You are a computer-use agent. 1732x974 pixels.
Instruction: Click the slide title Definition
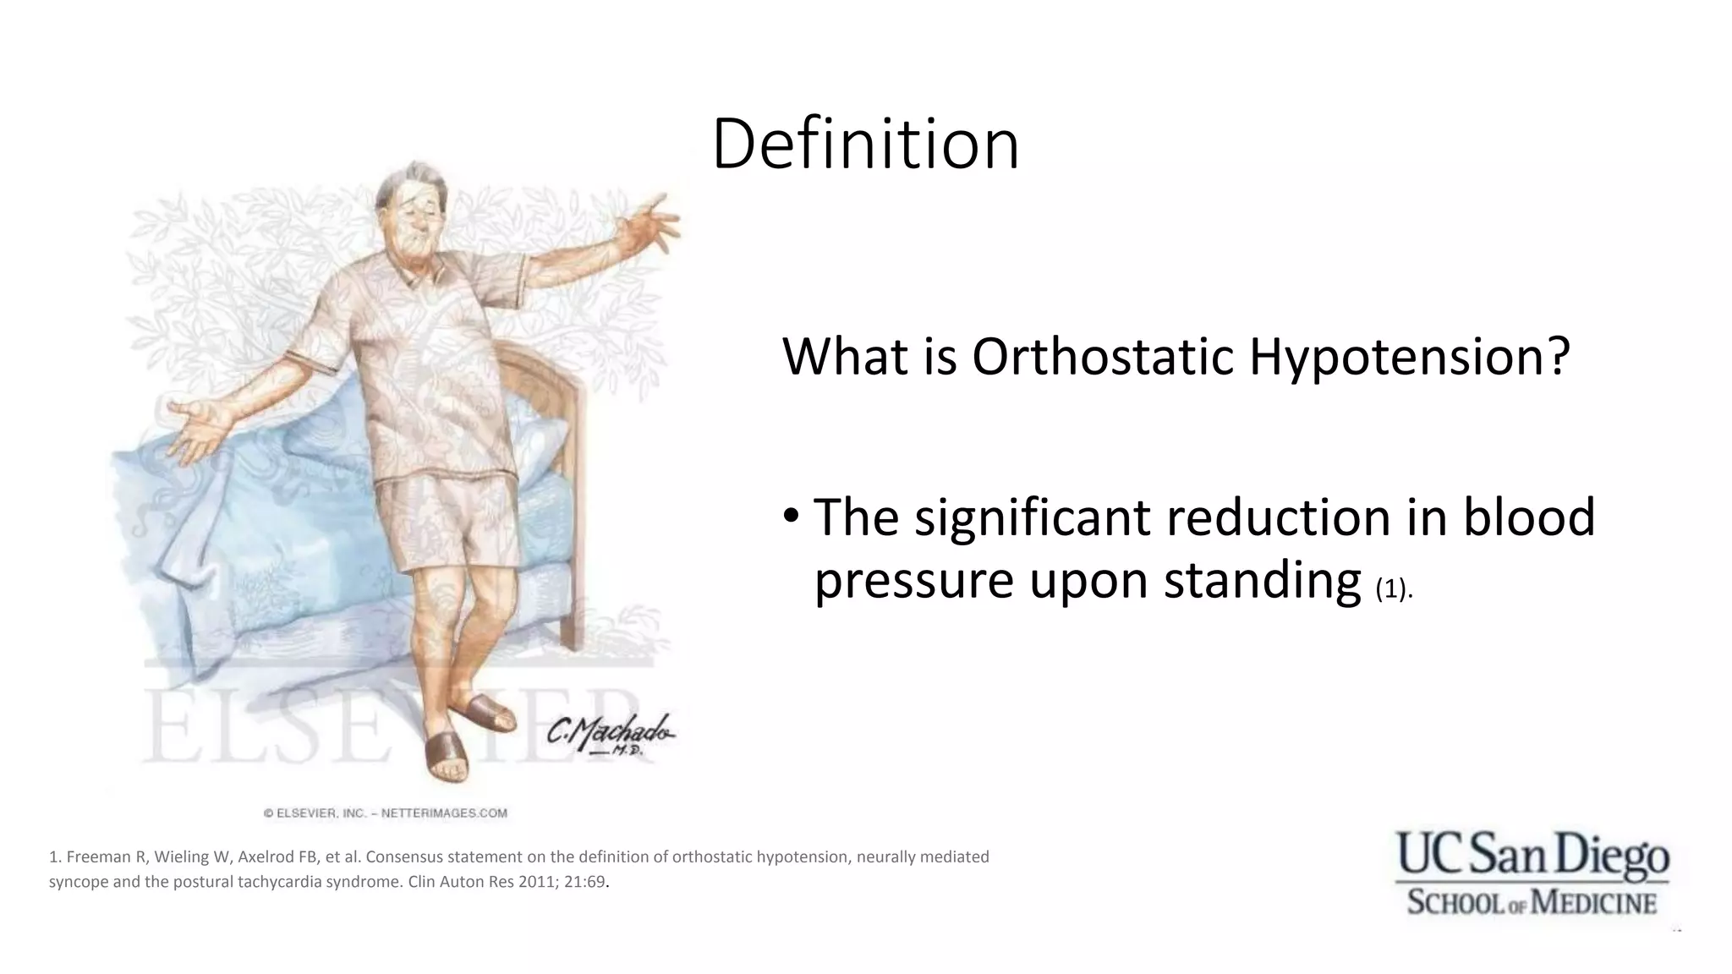point(865,145)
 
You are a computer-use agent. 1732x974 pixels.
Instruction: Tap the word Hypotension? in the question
point(1409,357)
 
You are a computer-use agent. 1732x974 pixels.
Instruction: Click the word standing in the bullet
point(1262,581)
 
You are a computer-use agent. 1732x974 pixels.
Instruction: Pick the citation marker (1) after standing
point(1392,588)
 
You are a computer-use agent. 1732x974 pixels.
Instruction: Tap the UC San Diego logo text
point(1532,856)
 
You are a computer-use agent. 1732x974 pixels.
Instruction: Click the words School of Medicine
point(1532,902)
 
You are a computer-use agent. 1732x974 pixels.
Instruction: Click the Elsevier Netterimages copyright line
point(386,813)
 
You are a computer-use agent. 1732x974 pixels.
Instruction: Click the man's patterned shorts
point(448,524)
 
